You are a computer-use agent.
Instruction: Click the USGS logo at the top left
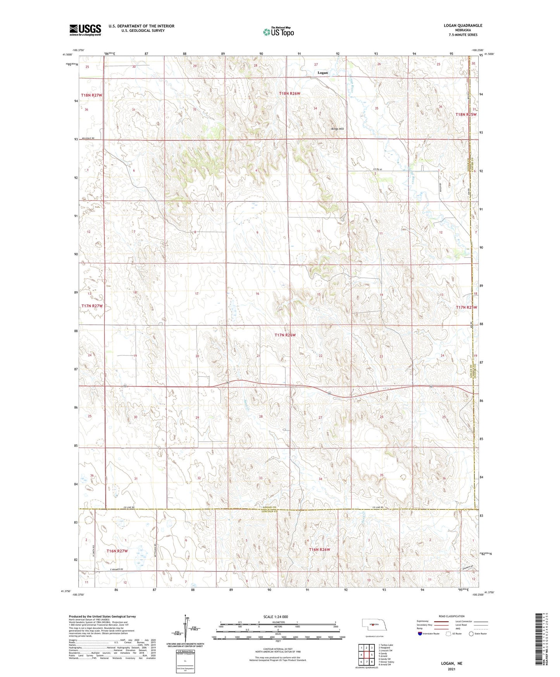[x=85, y=30]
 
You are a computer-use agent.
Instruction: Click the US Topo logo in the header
[x=278, y=32]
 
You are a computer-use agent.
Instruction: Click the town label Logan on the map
[x=322, y=73]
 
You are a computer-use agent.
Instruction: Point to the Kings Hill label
[x=337, y=129]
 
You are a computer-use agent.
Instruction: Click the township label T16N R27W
[x=117, y=551]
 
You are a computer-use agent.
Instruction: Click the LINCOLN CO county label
[x=269, y=512]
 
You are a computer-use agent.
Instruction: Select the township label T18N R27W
[x=92, y=95]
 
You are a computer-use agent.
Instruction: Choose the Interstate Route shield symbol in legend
[x=420, y=634]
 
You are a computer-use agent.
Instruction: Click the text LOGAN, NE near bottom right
[x=451, y=663]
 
